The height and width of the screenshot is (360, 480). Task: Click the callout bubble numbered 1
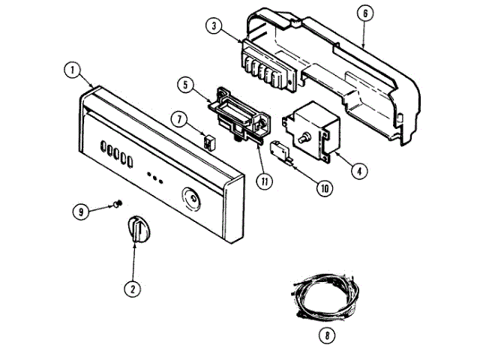(x=72, y=70)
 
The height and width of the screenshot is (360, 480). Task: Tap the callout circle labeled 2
(x=132, y=287)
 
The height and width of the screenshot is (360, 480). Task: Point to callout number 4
(x=360, y=170)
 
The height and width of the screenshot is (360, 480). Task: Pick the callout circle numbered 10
(x=324, y=189)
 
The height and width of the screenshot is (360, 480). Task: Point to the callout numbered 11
(x=261, y=181)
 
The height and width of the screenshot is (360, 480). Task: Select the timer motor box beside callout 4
(x=307, y=131)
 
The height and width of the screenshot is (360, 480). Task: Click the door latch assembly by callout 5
(x=239, y=113)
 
